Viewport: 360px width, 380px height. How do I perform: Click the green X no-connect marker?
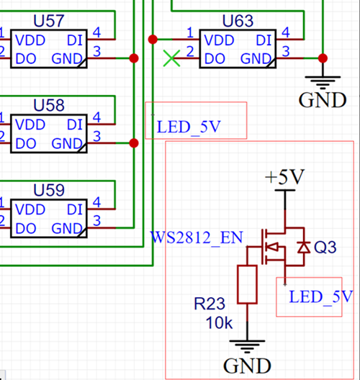[171, 58]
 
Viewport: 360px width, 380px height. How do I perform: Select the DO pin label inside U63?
[215, 58]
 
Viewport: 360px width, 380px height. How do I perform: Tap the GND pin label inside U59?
[67, 229]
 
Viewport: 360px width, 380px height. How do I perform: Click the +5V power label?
[284, 177]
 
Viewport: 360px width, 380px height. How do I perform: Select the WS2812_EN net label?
[197, 237]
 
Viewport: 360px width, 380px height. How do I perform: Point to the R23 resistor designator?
[212, 305]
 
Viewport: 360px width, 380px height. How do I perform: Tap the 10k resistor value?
[217, 323]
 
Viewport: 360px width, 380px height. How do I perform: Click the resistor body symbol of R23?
[247, 284]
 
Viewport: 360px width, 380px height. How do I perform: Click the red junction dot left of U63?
[152, 38]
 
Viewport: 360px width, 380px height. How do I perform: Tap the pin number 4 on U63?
[287, 32]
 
